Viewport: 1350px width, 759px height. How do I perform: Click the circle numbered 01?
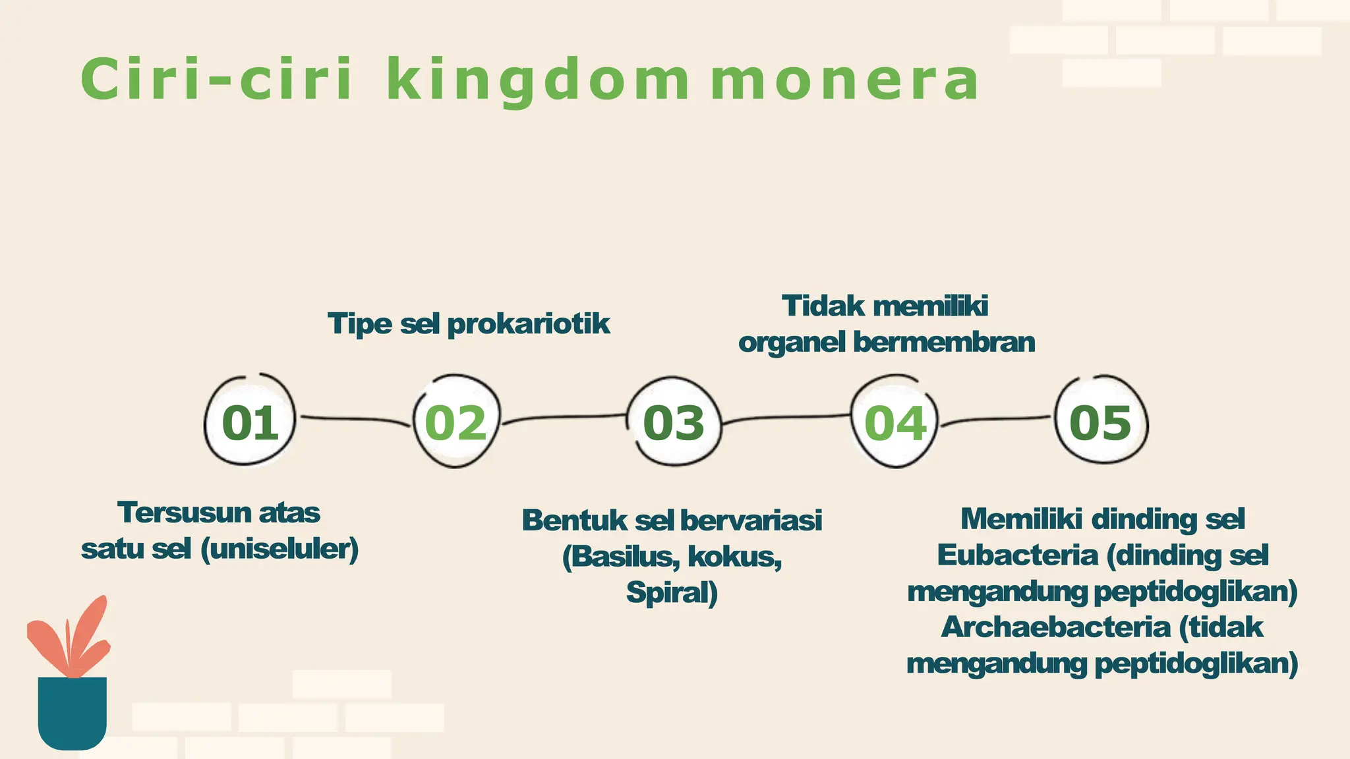click(x=250, y=422)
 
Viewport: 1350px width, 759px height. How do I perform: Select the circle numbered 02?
click(x=456, y=422)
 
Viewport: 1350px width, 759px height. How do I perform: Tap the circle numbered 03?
click(x=674, y=422)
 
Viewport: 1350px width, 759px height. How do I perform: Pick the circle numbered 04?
click(x=895, y=422)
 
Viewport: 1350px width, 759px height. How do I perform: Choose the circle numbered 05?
click(x=1101, y=422)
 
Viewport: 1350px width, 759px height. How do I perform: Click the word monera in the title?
click(x=845, y=80)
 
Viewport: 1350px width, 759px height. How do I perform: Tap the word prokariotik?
click(x=529, y=324)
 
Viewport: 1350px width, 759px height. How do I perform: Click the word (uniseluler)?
click(x=279, y=549)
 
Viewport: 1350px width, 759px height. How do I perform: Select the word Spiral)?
click(x=672, y=592)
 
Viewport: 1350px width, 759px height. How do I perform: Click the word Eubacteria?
click(x=1018, y=555)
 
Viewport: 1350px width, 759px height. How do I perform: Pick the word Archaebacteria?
click(x=1056, y=627)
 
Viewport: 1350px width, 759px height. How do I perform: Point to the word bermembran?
click(x=944, y=343)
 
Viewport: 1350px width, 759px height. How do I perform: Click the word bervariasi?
click(x=751, y=520)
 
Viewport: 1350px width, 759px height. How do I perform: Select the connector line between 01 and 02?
click(x=355, y=418)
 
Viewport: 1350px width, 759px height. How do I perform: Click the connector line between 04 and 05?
click(x=995, y=418)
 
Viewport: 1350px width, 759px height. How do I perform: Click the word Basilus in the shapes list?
click(x=624, y=557)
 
